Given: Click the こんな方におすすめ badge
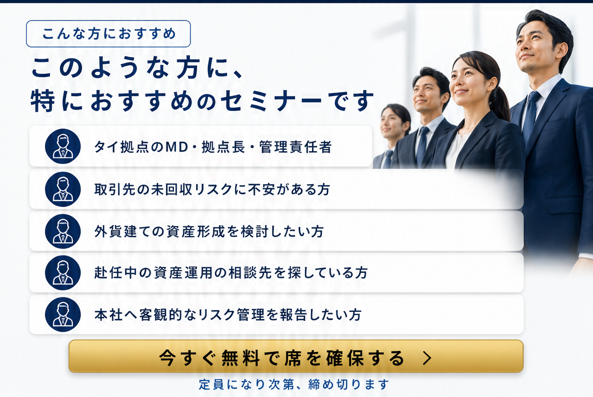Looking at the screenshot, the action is [x=108, y=34].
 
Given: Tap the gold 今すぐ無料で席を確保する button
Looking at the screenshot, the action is [x=296, y=356].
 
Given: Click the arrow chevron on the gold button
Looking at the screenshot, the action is [x=427, y=358].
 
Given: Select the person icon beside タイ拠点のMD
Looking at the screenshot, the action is [x=63, y=146].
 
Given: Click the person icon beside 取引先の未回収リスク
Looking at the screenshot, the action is [x=63, y=189].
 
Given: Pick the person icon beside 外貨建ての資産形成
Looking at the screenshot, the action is [x=63, y=231].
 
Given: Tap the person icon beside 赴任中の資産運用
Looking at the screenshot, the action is [x=63, y=272].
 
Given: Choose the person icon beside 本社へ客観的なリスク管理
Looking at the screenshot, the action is [x=63, y=314].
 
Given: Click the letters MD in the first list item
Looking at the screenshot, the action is [x=177, y=147].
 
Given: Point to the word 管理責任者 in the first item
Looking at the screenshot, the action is [x=296, y=147].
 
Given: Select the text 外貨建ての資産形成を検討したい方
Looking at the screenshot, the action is [x=209, y=232].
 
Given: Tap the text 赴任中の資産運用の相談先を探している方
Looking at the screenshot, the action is [x=231, y=273].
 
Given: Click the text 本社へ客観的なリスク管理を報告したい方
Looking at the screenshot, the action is [x=228, y=315].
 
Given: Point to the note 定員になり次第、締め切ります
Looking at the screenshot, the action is [x=294, y=384].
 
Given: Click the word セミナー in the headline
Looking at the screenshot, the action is [x=271, y=101].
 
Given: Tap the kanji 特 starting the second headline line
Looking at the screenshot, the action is [x=43, y=101].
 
